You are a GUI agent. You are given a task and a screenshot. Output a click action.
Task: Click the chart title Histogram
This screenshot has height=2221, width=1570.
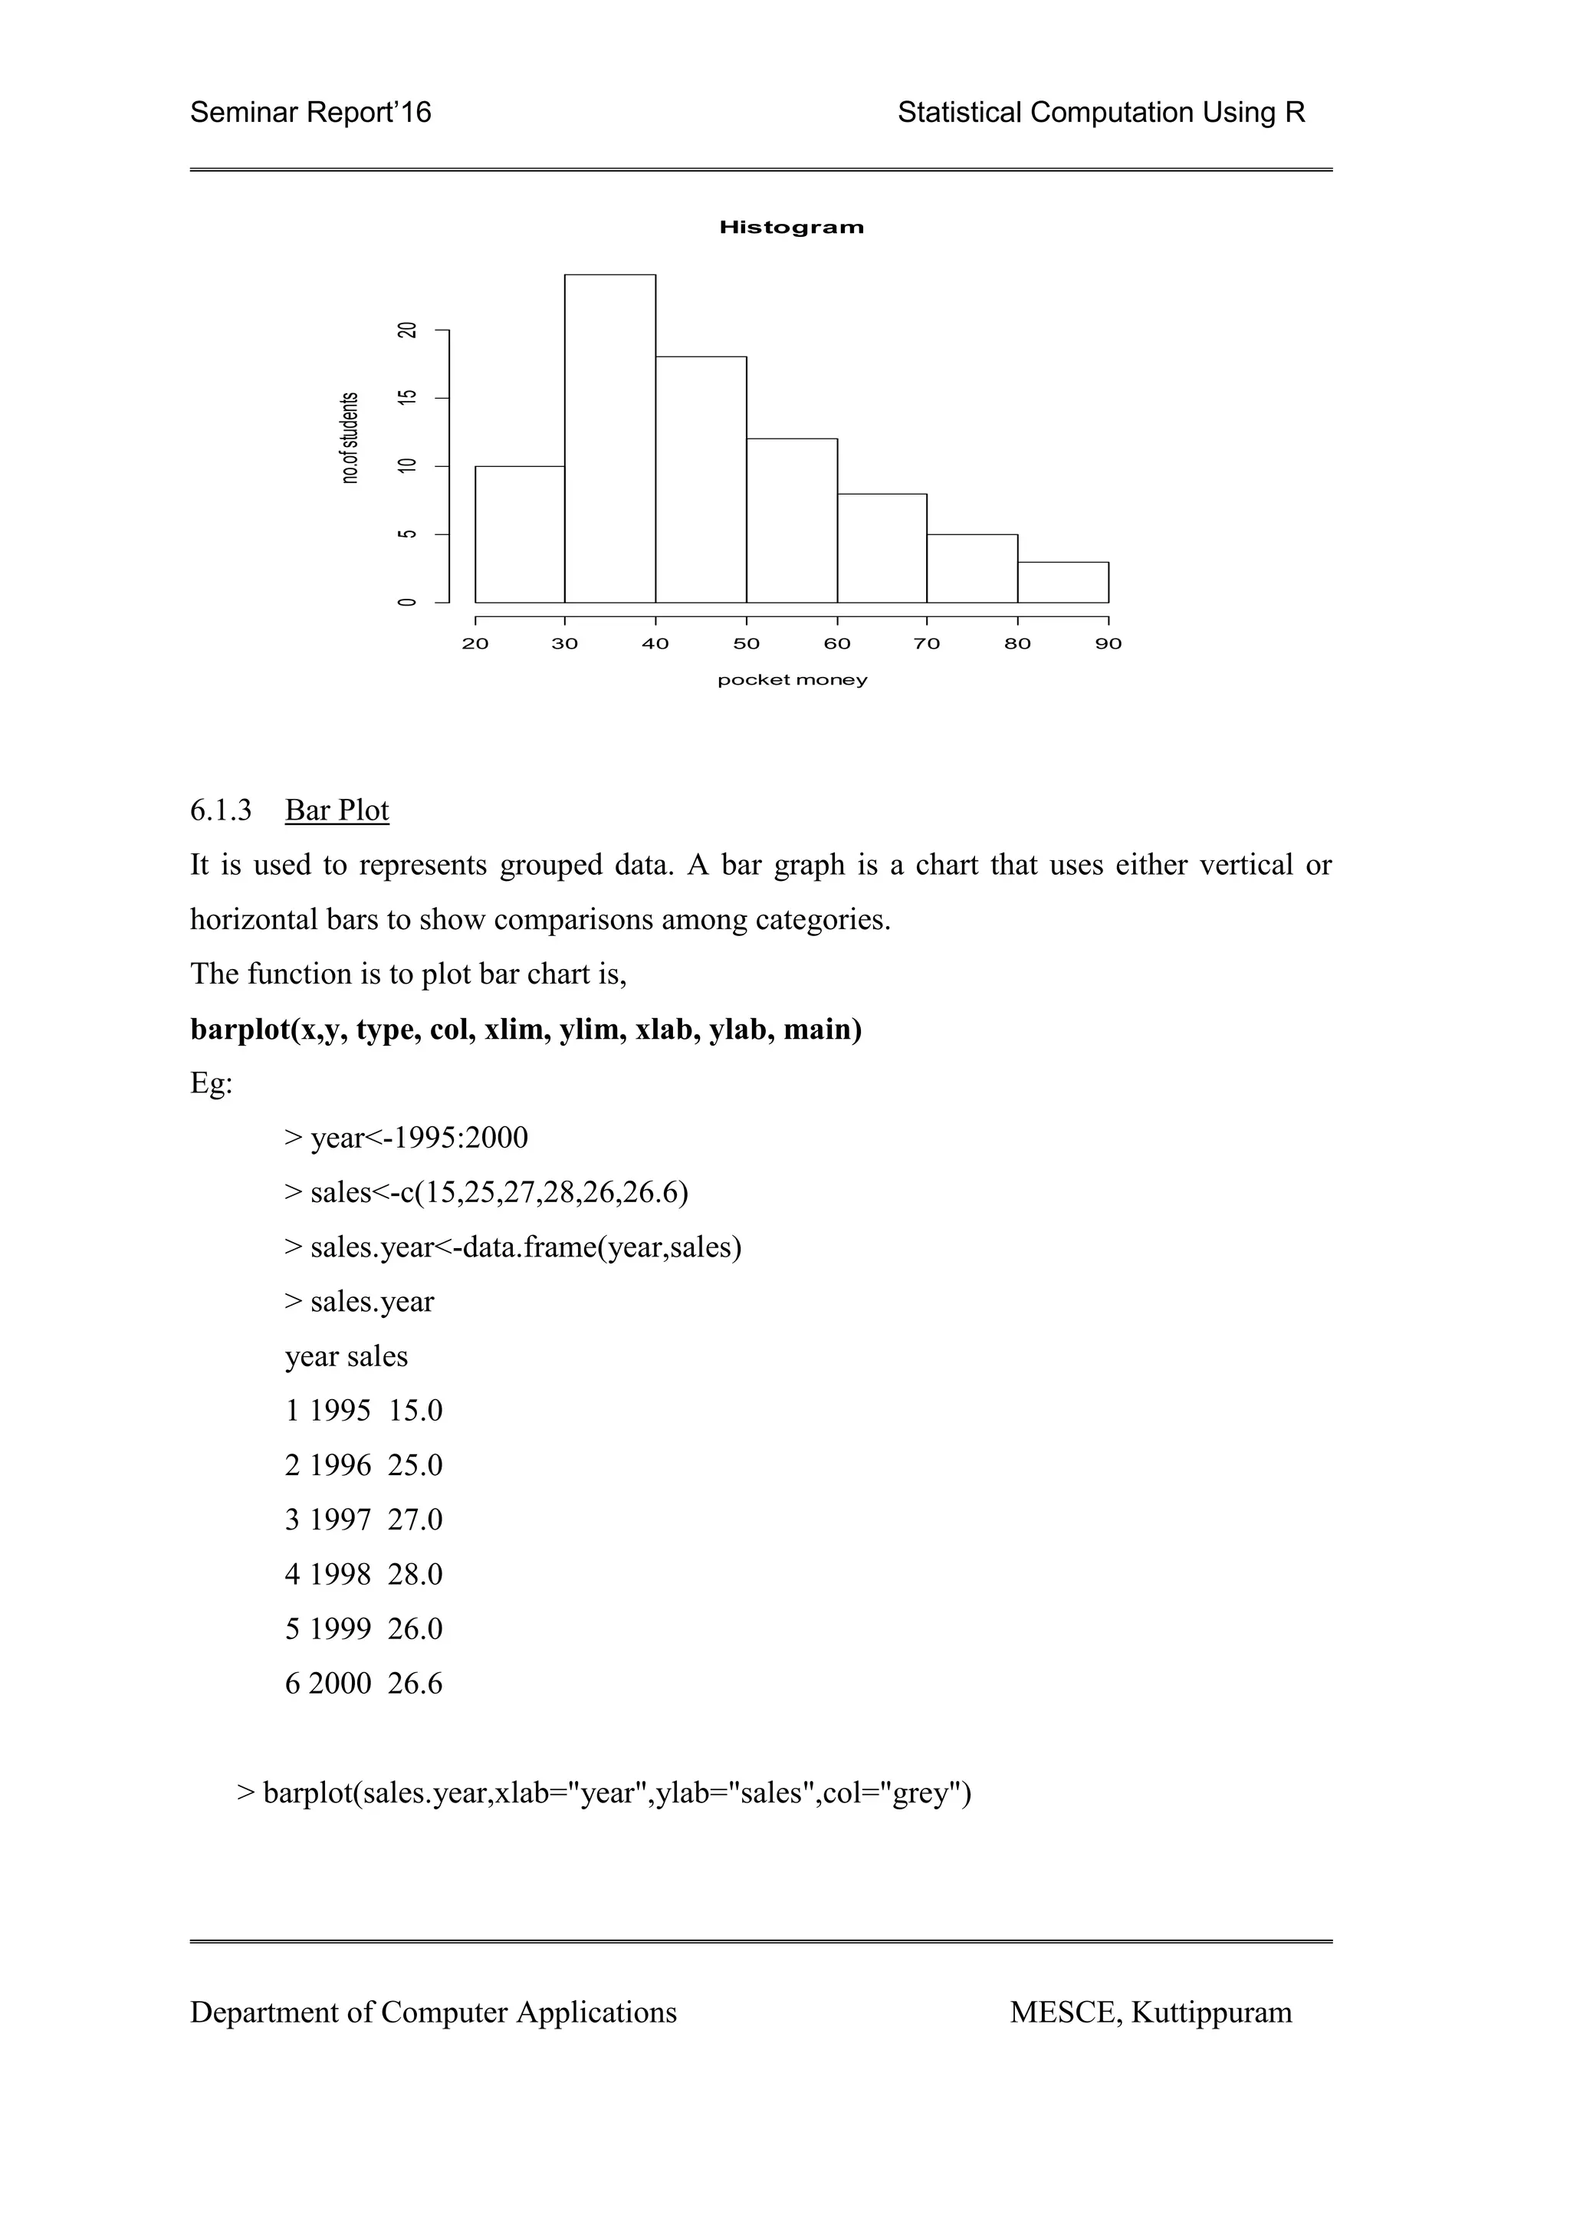(x=791, y=228)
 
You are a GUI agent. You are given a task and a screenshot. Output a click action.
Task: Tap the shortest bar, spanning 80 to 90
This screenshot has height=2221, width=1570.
(x=1063, y=583)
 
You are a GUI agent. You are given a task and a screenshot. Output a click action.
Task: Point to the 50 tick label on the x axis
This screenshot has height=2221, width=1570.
(x=746, y=644)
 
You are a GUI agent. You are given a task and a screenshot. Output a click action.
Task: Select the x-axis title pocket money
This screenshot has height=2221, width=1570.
(x=791, y=680)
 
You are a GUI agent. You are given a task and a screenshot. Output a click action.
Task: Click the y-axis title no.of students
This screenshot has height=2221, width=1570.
(x=350, y=437)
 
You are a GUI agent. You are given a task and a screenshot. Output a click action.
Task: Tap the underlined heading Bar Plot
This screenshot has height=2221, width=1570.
(x=337, y=810)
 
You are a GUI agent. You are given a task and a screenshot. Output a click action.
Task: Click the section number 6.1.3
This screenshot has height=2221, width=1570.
(x=221, y=810)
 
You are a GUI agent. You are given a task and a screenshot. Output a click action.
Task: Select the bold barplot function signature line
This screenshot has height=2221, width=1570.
(x=525, y=1030)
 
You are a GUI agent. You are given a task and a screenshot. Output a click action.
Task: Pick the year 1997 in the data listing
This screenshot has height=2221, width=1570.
(x=340, y=1520)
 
